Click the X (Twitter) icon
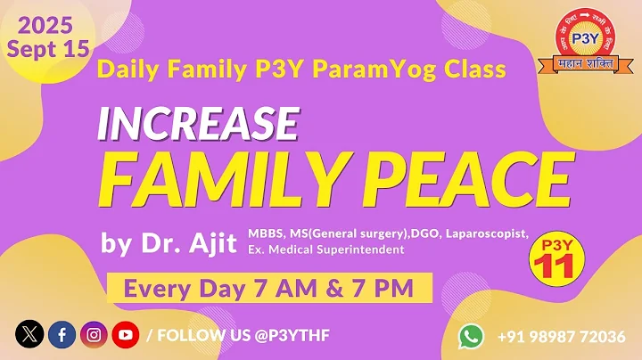[29, 335]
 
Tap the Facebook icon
[62, 335]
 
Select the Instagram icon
[94, 335]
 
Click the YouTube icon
[125, 335]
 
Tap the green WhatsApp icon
[472, 336]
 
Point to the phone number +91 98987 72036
[561, 336]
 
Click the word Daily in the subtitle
[127, 68]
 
